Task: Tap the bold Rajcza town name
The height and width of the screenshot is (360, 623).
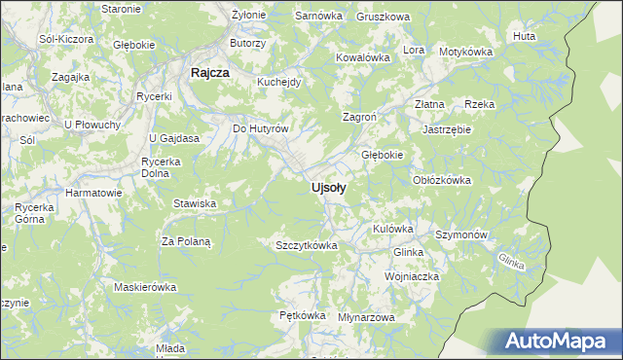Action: [209, 72]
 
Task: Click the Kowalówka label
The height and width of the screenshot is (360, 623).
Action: [363, 57]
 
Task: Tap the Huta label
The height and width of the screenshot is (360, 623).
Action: [524, 36]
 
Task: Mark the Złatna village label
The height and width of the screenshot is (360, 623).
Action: [429, 103]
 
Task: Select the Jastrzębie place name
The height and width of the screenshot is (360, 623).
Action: [447, 128]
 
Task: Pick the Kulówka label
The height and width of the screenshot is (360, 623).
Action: [393, 229]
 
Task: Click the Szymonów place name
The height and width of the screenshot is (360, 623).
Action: [461, 235]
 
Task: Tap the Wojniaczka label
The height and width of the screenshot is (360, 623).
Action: [412, 276]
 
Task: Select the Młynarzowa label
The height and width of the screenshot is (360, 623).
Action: [366, 317]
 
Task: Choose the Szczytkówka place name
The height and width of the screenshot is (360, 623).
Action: [307, 245]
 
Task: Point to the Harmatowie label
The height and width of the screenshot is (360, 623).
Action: [93, 193]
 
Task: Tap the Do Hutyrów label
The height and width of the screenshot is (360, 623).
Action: [261, 128]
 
